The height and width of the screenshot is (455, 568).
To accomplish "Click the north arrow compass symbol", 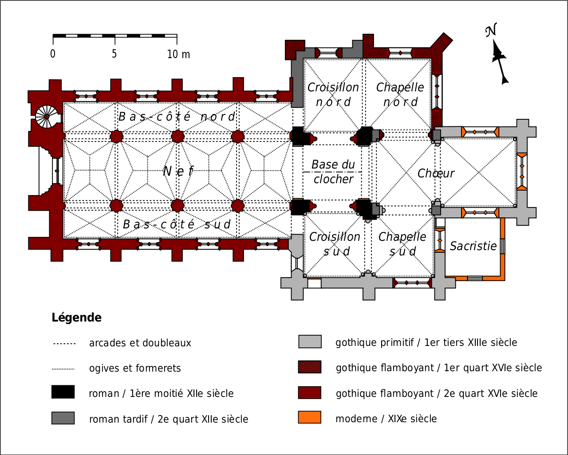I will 498,55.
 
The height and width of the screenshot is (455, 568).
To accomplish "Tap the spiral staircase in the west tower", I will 46,117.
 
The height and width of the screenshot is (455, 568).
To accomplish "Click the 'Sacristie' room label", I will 473,246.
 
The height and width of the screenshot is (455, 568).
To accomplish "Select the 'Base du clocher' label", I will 333,172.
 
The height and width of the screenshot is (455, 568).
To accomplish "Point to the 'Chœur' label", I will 436,173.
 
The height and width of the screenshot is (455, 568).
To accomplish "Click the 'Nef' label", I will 178,171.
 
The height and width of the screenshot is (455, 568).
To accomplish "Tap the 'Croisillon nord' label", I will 333,94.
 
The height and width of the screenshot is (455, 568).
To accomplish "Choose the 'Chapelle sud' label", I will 402,244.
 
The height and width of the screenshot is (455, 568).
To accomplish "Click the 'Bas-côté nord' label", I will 177,117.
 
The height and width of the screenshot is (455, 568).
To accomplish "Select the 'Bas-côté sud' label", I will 177,224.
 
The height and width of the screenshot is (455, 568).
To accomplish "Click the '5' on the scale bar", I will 114,54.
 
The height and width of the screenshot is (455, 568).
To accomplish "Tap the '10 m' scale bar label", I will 178,54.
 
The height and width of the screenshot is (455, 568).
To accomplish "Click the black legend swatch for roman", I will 63,392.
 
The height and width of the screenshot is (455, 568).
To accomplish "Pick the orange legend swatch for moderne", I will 310,417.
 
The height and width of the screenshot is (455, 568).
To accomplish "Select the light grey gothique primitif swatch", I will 310,341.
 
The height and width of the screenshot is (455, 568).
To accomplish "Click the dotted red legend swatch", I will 310,367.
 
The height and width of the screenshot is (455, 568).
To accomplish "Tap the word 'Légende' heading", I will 76,318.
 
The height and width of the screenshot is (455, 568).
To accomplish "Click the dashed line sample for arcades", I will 64,344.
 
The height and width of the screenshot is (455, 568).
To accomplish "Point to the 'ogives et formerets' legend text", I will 135,369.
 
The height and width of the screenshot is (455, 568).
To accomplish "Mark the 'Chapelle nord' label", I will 400,94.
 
